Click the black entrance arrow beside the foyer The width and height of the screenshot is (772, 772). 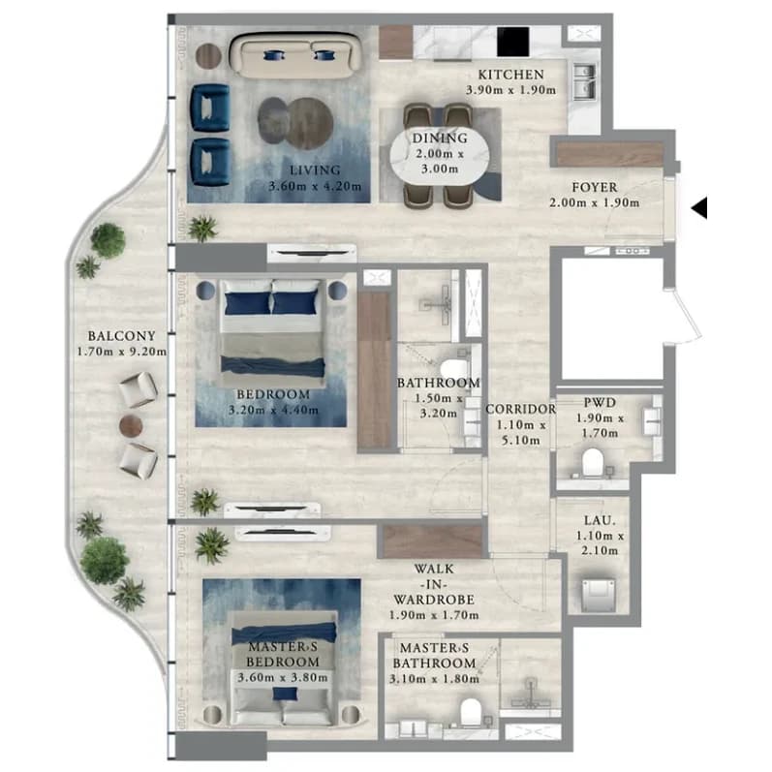700,207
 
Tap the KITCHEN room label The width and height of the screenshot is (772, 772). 511,75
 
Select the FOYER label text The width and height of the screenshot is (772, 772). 595,187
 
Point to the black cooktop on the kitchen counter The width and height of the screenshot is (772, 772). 512,42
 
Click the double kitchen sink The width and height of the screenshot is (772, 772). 584,81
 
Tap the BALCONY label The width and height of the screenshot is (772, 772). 122,336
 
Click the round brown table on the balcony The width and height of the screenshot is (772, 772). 131,425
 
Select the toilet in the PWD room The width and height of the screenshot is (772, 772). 592,463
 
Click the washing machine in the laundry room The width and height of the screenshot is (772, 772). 599,595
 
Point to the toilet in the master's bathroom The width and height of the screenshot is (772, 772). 471,712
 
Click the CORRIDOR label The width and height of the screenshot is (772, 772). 521,409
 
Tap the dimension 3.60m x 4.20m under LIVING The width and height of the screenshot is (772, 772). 315,187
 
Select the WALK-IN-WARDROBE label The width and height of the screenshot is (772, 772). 434,584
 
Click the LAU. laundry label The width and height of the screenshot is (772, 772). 600,520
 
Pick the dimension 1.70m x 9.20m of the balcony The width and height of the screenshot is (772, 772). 122,352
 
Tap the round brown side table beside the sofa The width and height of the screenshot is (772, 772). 209,56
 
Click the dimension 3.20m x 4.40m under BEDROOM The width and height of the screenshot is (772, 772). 273,410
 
